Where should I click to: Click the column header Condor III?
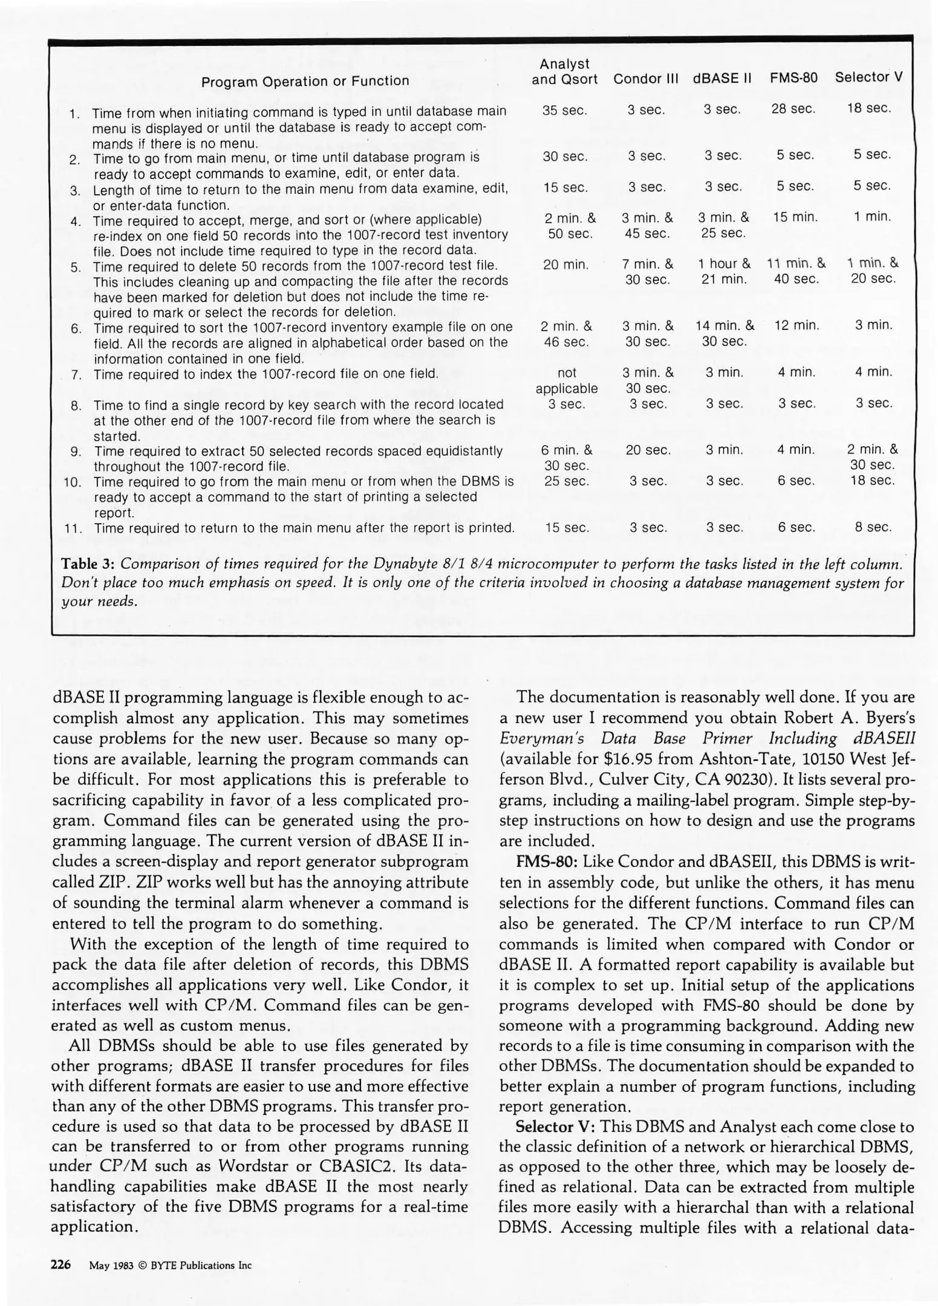pyautogui.click(x=645, y=79)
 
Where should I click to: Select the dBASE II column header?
pyautogui.click(x=722, y=79)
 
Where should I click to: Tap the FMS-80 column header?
pyautogui.click(x=793, y=78)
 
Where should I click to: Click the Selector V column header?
pyautogui.click(x=868, y=77)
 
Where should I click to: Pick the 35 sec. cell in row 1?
pyautogui.click(x=564, y=111)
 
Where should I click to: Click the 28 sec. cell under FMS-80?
pyautogui.click(x=793, y=109)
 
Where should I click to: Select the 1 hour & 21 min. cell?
pyautogui.click(x=724, y=271)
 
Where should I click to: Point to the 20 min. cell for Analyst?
pyautogui.click(x=565, y=264)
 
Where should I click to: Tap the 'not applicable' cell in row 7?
pyautogui.click(x=566, y=380)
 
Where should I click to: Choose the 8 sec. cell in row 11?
pyautogui.click(x=873, y=527)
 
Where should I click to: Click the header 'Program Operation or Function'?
pyautogui.click(x=305, y=81)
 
